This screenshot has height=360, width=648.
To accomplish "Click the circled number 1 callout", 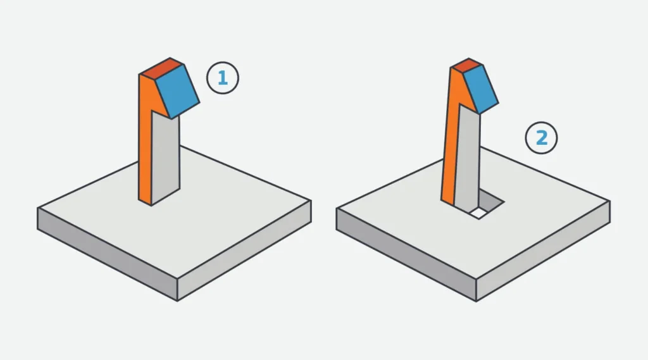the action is tap(223, 78).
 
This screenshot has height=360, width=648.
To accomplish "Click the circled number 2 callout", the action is tap(542, 138).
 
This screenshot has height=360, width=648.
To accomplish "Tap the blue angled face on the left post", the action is tap(178, 91).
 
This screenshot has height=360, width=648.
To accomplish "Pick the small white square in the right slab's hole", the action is tap(479, 213).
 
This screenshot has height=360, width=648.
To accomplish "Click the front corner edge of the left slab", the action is tap(177, 289).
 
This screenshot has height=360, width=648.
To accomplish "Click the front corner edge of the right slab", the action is tap(476, 289).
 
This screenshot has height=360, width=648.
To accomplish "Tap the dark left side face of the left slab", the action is tap(108, 254).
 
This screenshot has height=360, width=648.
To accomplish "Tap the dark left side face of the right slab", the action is tap(406, 254).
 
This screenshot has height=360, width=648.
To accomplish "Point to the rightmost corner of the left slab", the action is tap(311, 201).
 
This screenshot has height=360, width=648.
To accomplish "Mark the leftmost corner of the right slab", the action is tap(337, 208).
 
